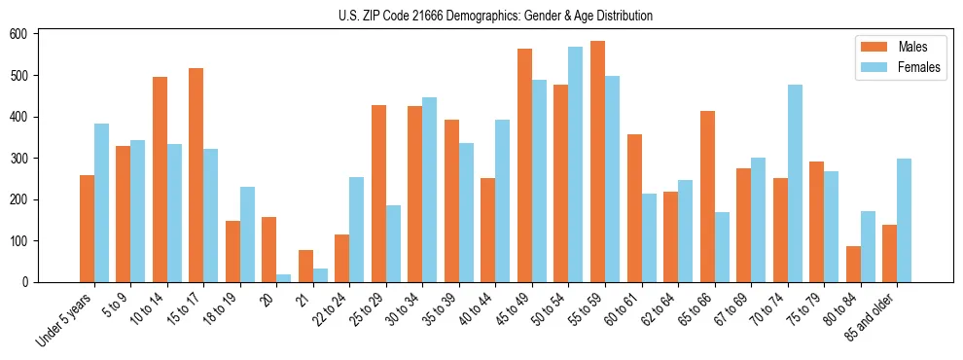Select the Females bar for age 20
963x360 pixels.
284,278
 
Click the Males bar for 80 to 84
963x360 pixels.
853,264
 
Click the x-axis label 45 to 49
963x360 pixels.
514,307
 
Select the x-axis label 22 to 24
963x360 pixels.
331,307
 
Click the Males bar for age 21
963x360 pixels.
305,267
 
